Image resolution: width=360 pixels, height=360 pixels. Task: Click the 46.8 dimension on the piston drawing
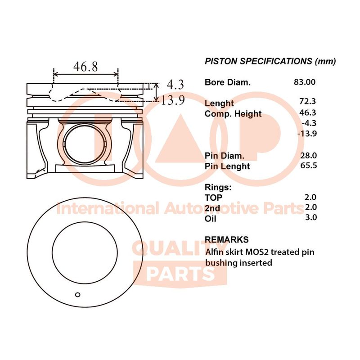85,67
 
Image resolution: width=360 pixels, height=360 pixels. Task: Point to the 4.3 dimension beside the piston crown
175,85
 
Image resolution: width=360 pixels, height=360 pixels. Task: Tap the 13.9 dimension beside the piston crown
173,100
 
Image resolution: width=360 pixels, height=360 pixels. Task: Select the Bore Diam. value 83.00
305,82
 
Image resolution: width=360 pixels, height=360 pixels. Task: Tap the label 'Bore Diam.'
227,82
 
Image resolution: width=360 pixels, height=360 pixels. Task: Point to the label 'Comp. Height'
233,114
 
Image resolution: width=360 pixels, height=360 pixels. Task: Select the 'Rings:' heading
218,187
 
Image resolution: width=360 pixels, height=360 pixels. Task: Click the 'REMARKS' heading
226,240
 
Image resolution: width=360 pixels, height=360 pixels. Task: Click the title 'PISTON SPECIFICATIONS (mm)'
270,62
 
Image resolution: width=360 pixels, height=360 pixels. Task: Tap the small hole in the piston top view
77,295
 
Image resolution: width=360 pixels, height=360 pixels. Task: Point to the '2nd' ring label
212,208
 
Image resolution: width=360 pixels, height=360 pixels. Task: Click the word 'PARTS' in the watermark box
180,273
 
